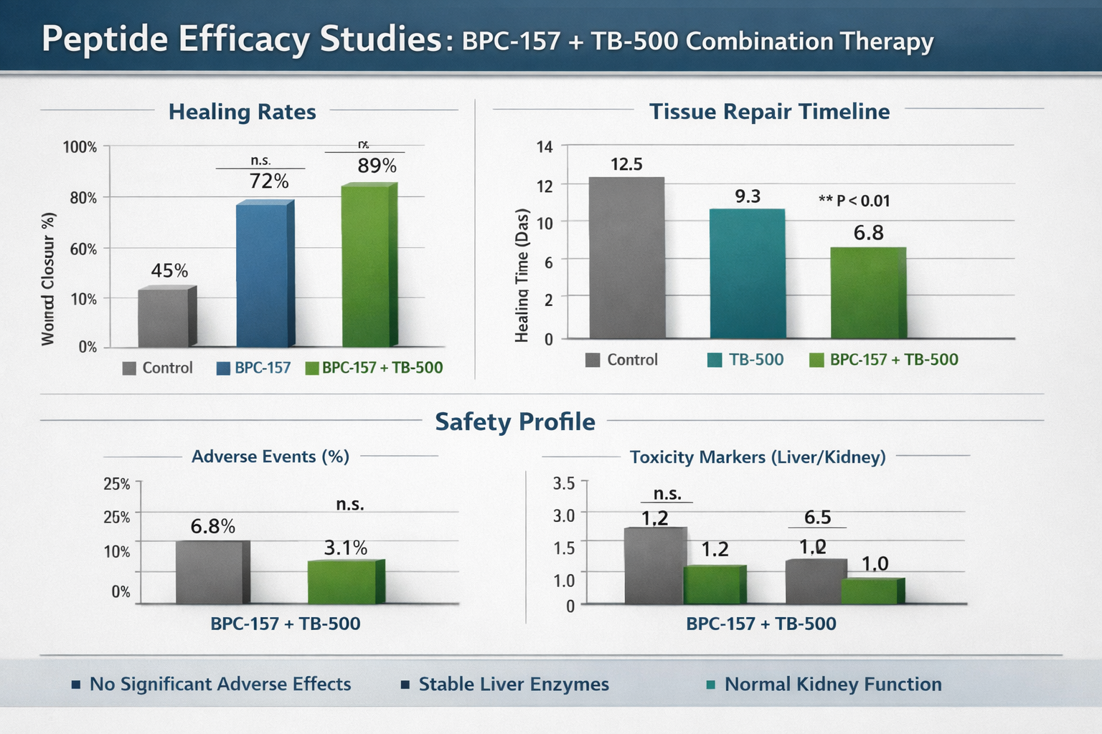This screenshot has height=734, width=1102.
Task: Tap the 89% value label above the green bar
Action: point(377,166)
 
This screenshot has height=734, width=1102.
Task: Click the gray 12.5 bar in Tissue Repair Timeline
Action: point(626,258)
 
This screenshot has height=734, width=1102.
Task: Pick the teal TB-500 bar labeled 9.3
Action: point(747,273)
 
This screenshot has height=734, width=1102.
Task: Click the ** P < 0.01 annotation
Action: point(854,201)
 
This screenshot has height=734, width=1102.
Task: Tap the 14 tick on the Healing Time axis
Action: point(545,147)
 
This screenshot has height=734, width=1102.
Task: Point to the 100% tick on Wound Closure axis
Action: point(80,147)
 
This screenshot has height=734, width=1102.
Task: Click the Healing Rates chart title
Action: point(242,112)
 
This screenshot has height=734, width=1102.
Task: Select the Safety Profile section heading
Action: point(514,421)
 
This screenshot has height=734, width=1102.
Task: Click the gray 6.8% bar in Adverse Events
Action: point(212,572)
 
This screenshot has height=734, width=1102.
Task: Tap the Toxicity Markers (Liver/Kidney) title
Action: point(757,457)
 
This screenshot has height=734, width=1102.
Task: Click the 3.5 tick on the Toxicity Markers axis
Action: point(564,483)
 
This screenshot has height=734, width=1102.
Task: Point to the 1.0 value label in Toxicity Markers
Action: point(875,563)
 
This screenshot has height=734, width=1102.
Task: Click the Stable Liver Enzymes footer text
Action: point(513,684)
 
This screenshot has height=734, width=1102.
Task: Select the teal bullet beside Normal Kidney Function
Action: point(711,685)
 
